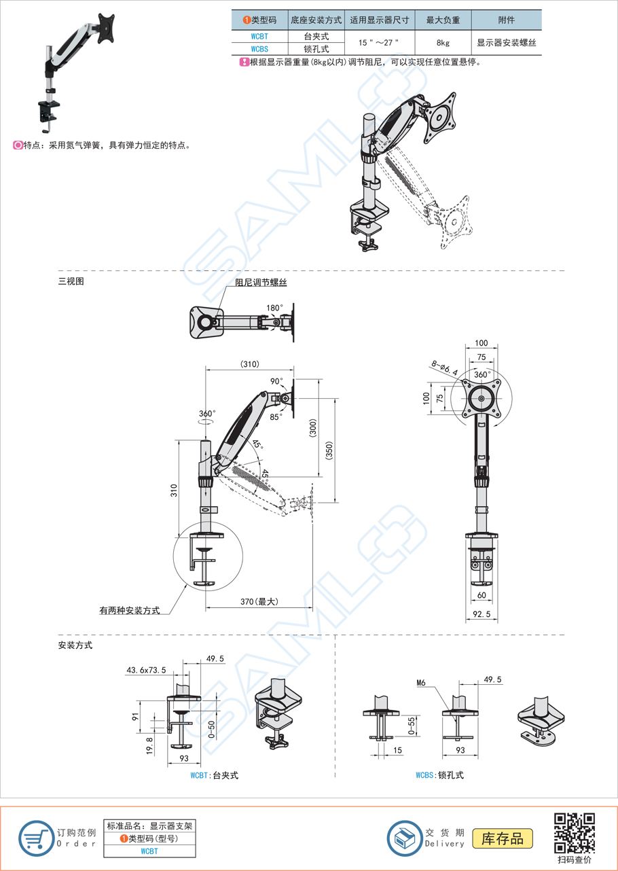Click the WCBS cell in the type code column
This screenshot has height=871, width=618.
259,49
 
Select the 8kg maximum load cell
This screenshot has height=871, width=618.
443,43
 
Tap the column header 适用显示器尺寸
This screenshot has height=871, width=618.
379,20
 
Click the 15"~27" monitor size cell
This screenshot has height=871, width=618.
379,43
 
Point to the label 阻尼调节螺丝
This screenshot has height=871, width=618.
261,283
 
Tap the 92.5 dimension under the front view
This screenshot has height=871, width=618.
481,614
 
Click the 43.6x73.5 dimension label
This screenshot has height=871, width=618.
146,670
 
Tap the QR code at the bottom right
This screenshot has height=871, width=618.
575,832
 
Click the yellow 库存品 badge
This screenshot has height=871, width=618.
503,838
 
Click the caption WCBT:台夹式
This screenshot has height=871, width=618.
214,775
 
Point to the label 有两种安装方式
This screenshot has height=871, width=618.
129,611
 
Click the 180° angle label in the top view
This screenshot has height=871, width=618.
274,308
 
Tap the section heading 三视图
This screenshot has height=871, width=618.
71,281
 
